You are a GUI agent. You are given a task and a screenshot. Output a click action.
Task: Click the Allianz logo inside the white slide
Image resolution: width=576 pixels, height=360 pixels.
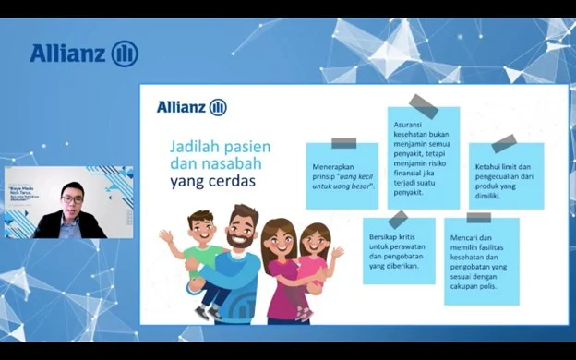pos(191,107)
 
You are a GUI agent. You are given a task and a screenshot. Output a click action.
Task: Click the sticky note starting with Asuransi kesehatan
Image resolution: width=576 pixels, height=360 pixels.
pos(423,157)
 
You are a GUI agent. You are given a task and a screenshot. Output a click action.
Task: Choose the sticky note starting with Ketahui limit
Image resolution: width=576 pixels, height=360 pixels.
pos(506,175)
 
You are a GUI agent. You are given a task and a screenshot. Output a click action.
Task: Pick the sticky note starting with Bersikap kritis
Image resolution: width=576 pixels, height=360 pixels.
pos(398,252)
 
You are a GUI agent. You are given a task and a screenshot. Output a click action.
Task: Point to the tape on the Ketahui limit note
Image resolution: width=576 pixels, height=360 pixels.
pos(504,143)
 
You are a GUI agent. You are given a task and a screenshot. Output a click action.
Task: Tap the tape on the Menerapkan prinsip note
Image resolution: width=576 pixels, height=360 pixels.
pos(343,143)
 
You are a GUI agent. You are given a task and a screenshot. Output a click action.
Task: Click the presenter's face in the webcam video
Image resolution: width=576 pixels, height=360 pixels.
pos(73,198)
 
